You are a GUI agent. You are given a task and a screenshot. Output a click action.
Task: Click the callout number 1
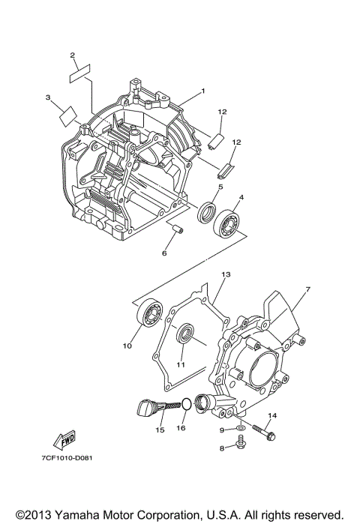pyautogui.click(x=202, y=91)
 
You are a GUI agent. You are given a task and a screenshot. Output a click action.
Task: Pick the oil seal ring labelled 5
pyautogui.click(x=208, y=213)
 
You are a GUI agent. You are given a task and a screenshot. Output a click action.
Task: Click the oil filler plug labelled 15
pyautogui.click(x=148, y=409)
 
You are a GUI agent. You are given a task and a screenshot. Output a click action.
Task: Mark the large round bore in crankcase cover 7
pyautogui.click(x=260, y=367)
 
